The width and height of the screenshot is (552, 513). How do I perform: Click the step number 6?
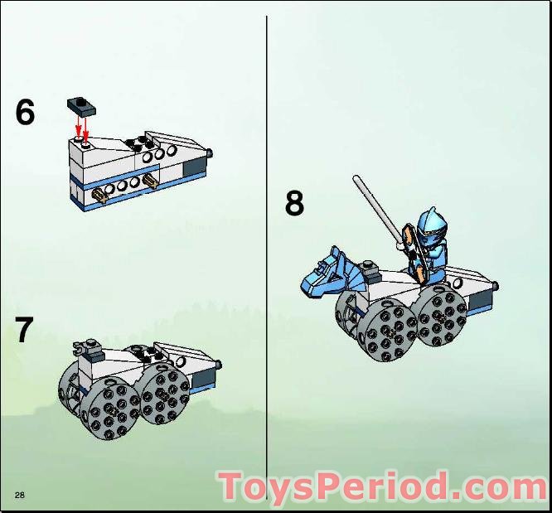(x=26, y=111)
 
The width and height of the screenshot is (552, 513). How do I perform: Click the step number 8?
(x=294, y=203)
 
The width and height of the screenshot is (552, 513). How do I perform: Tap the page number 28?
(x=20, y=495)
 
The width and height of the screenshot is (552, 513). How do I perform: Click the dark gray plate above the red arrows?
(x=81, y=107)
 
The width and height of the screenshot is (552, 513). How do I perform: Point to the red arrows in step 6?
(x=82, y=128)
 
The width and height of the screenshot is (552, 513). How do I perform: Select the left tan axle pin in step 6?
(x=99, y=196)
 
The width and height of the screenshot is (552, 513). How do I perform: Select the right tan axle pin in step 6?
(x=150, y=181)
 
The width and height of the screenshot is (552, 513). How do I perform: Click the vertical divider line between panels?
(x=267, y=257)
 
